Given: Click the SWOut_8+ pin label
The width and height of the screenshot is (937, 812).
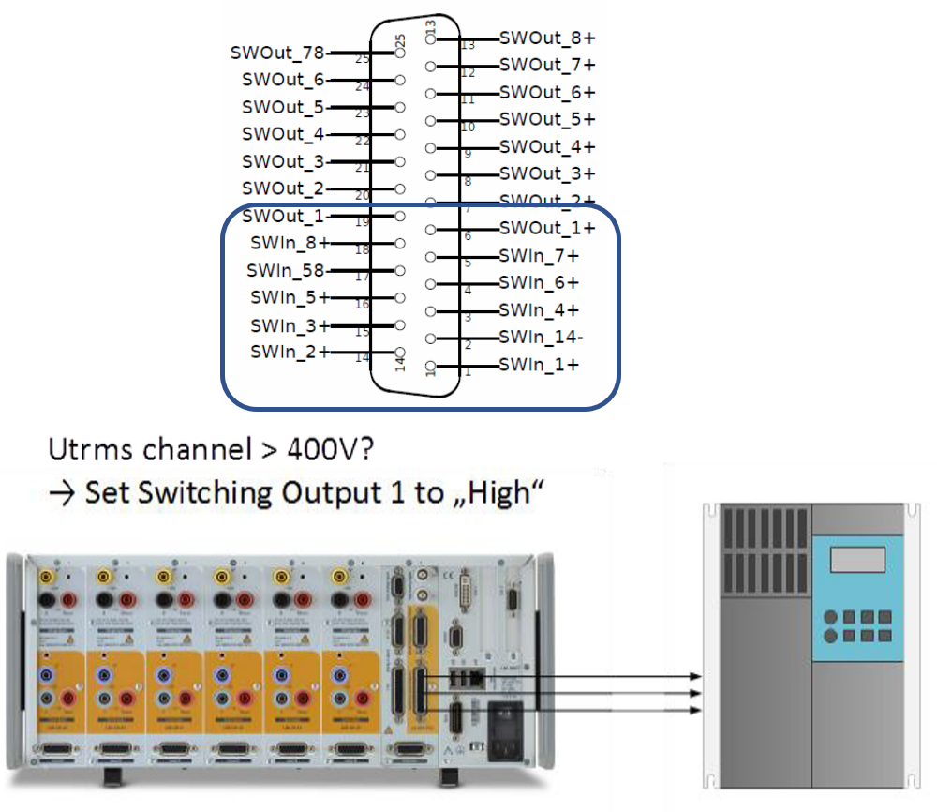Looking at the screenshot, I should click(547, 38).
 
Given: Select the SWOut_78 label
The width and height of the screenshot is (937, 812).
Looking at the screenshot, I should click(277, 53).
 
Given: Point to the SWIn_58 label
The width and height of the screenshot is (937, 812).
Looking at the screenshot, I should click(285, 270).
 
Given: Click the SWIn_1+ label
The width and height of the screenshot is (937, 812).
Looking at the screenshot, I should click(539, 364).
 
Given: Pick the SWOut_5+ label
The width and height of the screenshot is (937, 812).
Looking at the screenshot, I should click(547, 120).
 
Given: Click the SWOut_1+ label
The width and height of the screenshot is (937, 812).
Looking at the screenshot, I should click(547, 229).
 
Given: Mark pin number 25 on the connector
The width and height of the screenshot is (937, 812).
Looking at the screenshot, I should click(400, 42).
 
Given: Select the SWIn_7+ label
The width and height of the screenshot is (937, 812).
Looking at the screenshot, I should click(539, 256).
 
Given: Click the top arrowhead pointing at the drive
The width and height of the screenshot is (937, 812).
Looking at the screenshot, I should click(694, 676).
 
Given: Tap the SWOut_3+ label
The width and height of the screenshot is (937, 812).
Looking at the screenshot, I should click(547, 174).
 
